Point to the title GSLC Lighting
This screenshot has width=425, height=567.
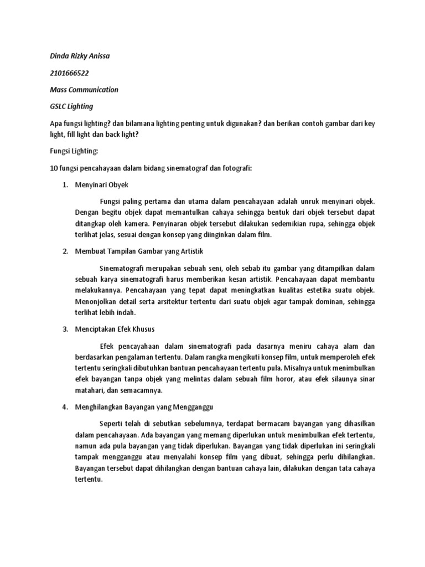click(71, 106)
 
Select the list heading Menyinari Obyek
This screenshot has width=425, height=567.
click(102, 184)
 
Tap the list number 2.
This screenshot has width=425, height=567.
click(64, 251)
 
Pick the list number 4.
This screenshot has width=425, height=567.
click(64, 407)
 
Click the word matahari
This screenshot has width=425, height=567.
click(89, 390)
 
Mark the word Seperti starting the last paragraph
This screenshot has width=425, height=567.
click(112, 424)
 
